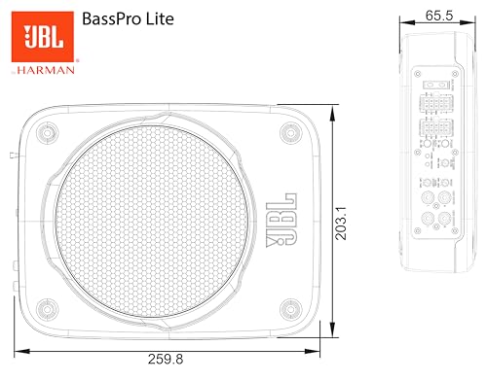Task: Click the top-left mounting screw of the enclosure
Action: pos(46,133)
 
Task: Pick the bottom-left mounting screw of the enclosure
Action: pos(46,310)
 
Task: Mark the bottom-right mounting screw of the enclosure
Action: pos(287,310)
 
